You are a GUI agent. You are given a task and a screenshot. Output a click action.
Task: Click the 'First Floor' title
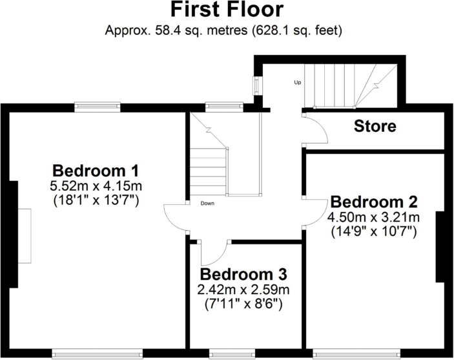coord(227,10)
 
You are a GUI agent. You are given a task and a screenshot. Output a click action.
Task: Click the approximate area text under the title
coord(227,30)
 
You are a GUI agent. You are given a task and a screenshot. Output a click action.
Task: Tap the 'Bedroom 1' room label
coord(96,171)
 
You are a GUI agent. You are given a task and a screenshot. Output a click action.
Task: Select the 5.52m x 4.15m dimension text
coord(96,187)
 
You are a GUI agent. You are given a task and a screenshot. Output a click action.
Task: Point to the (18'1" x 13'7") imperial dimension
coord(96,201)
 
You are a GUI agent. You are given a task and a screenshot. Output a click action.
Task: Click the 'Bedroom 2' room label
coord(374,201)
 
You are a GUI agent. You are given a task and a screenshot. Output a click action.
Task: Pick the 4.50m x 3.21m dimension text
coord(374,217)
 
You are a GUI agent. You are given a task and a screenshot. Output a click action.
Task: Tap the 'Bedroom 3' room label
coord(243,274)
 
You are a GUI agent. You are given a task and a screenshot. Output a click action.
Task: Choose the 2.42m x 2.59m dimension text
coord(243,289)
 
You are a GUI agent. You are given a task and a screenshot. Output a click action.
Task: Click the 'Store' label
coord(375,126)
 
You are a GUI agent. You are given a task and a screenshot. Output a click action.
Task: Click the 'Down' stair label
coord(207,204)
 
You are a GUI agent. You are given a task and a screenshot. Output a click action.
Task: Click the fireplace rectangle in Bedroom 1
coord(24,235)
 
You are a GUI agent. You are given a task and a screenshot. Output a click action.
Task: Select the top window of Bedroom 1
coord(98,106)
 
